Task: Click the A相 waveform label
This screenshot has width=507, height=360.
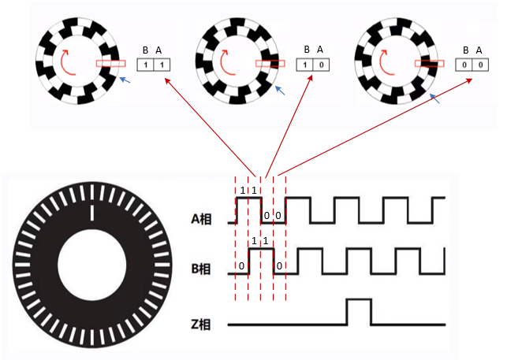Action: [x=201, y=219]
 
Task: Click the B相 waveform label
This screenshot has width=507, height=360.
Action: [x=201, y=269]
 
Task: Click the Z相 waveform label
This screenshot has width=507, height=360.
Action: [x=201, y=324]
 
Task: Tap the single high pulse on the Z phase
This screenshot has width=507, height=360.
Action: [x=359, y=311]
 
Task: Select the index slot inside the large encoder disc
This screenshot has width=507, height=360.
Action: [x=92, y=213]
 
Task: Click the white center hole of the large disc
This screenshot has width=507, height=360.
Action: [x=91, y=265]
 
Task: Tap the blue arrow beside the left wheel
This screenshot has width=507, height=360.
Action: [x=125, y=80]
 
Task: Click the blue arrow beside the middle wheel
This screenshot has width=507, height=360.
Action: [x=280, y=91]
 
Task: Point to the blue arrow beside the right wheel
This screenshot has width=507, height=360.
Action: [x=435, y=98]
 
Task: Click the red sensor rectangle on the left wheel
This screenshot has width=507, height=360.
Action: [x=111, y=63]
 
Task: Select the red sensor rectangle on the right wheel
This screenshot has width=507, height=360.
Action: [x=430, y=63]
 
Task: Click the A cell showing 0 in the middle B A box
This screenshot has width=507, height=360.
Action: [x=321, y=65]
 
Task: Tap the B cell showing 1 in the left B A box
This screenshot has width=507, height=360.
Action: [x=146, y=65]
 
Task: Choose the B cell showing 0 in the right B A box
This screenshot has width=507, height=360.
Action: [x=464, y=65]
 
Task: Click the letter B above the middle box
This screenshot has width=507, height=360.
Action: [x=307, y=50]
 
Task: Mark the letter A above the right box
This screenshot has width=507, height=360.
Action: [x=479, y=50]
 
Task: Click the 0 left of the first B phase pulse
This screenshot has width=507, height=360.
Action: [x=241, y=266]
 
